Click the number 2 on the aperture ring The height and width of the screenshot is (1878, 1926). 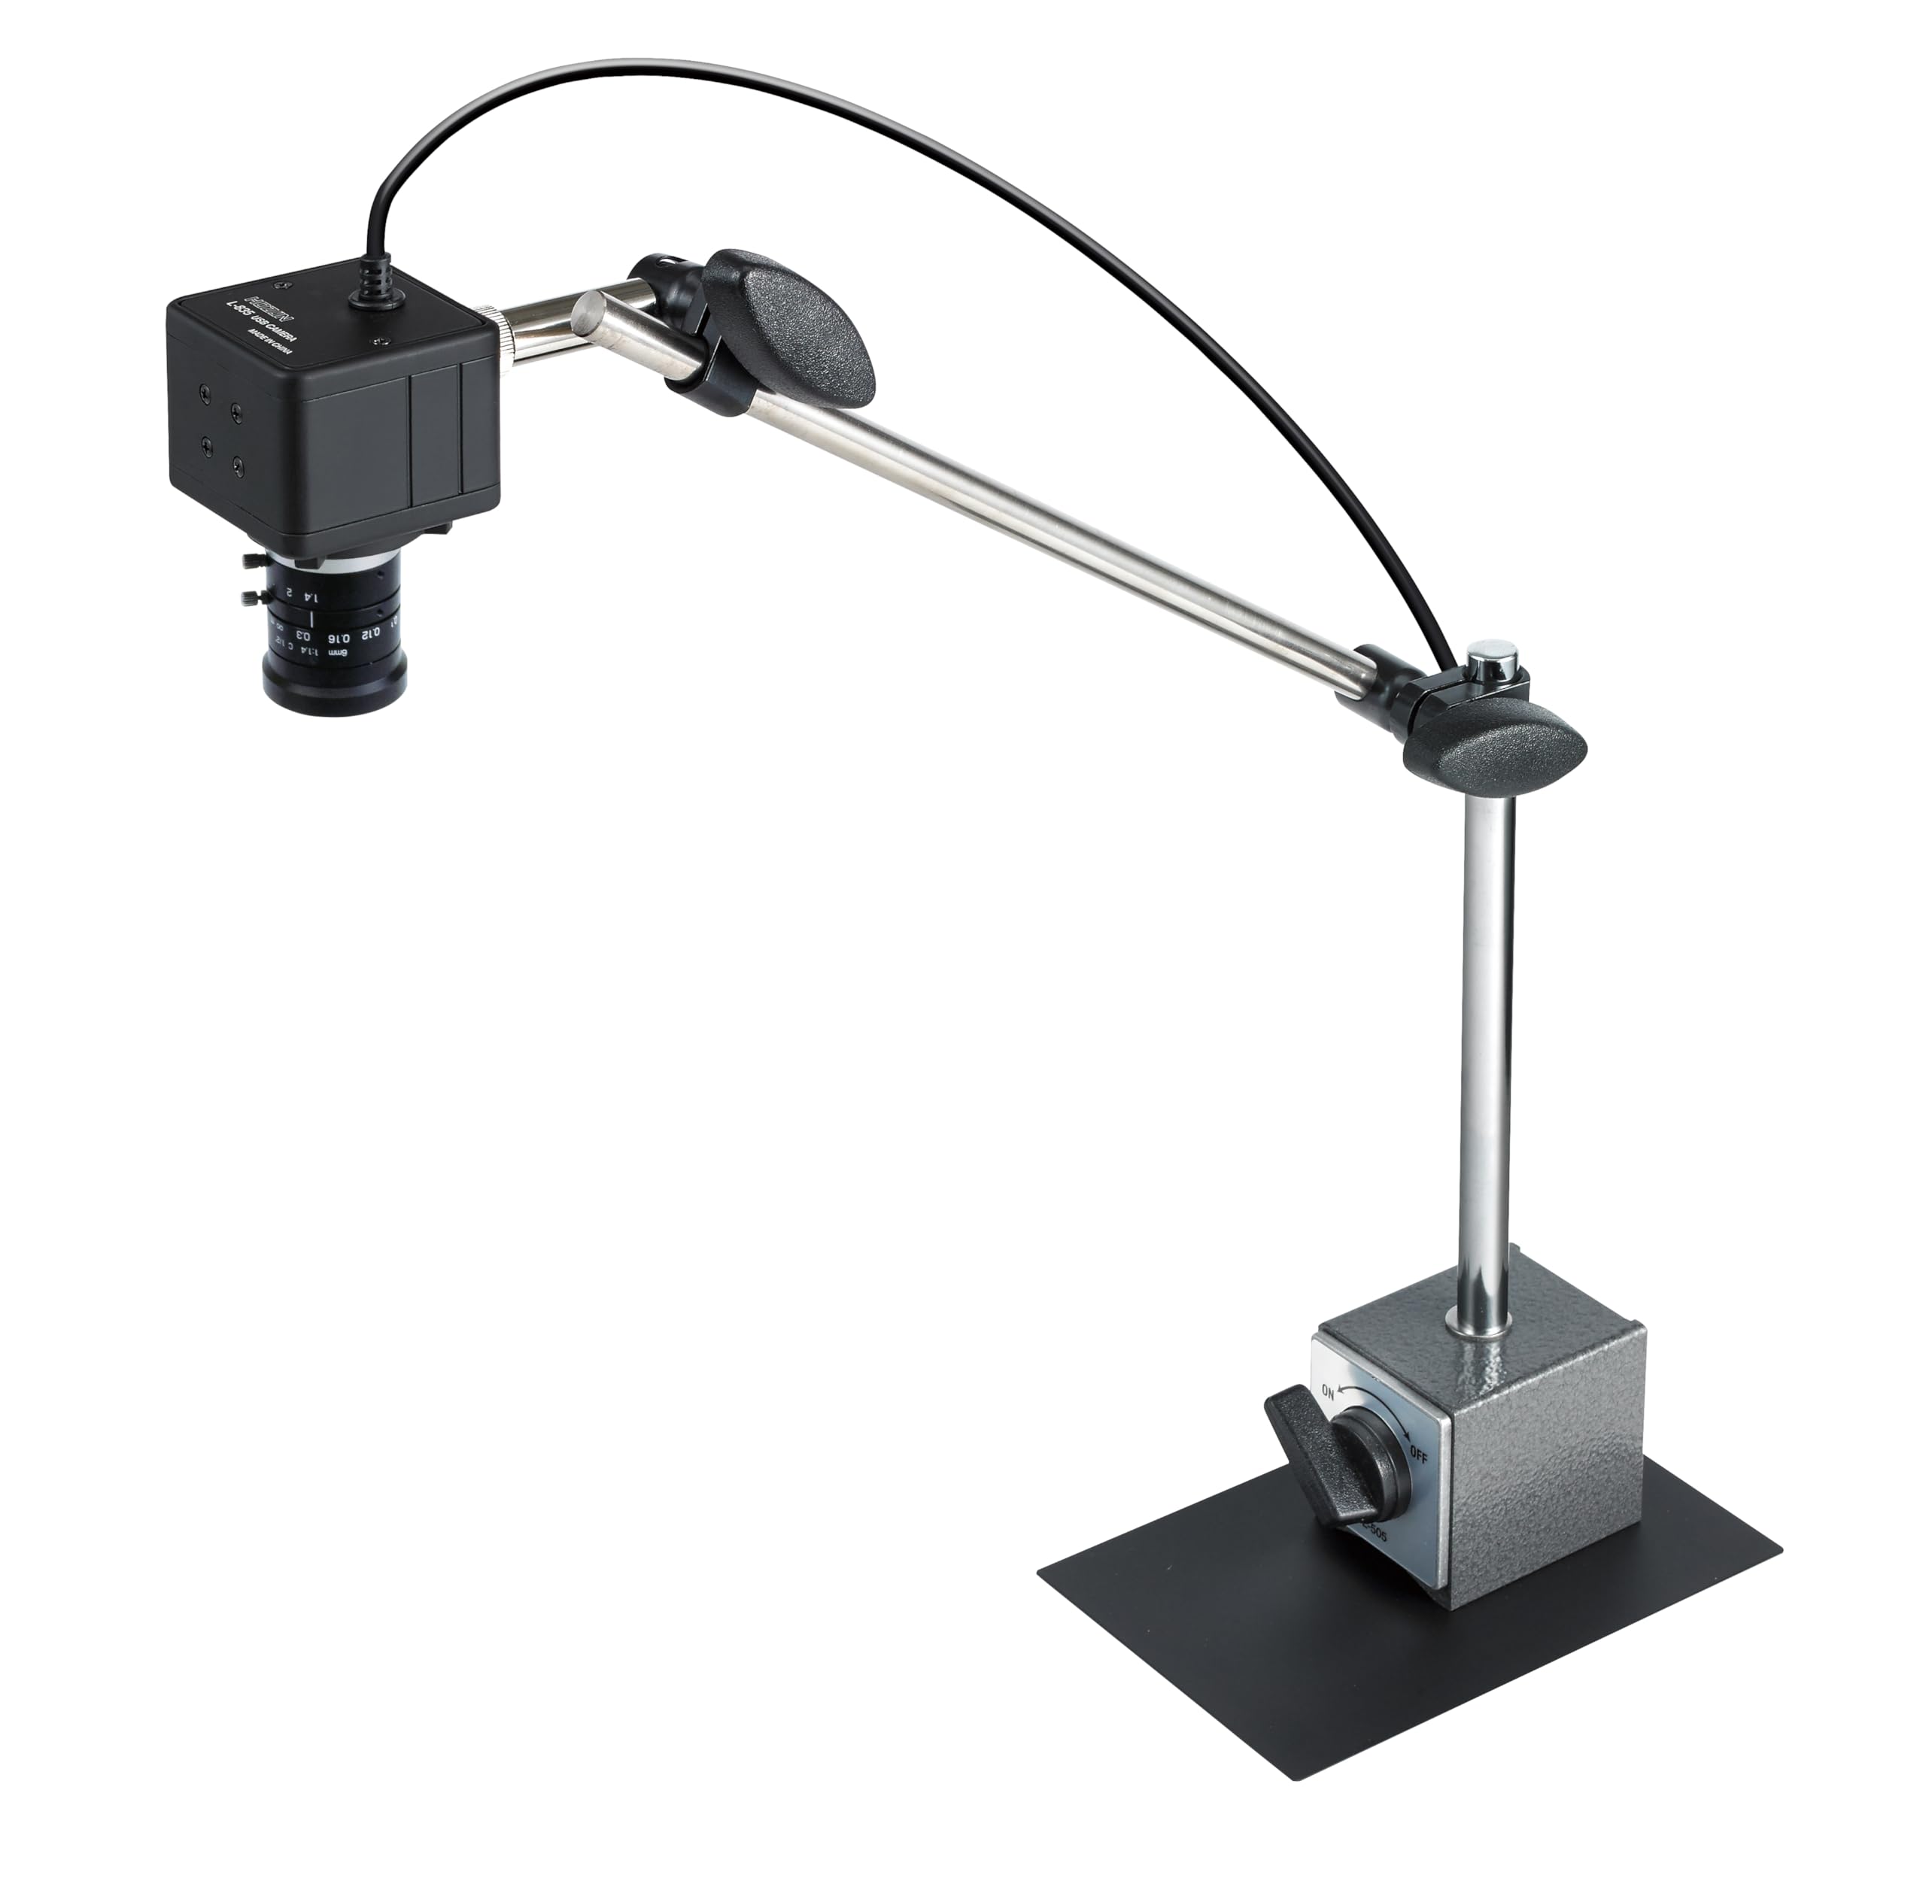click(x=288, y=593)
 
